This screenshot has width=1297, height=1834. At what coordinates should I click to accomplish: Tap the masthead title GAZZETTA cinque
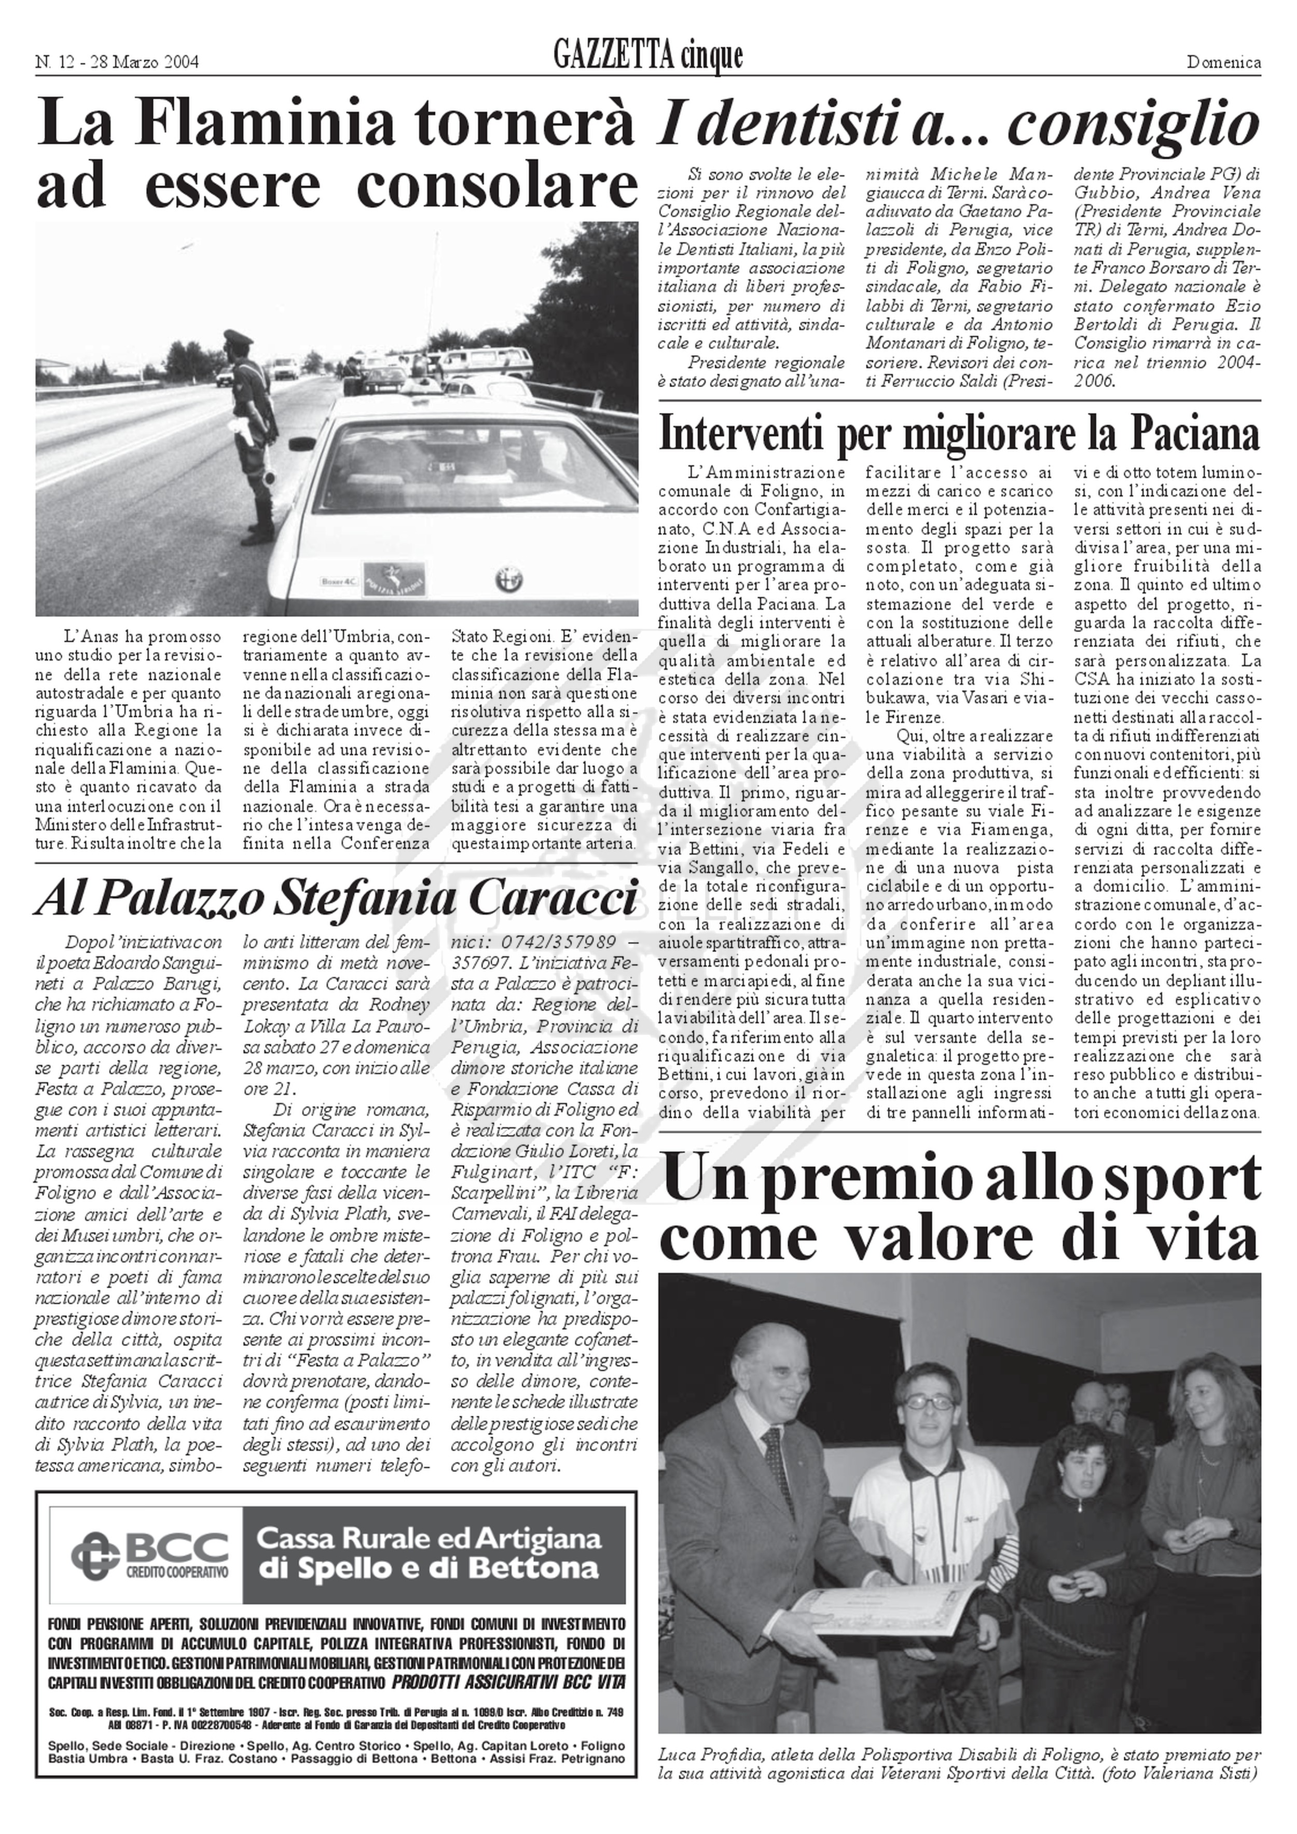click(647, 57)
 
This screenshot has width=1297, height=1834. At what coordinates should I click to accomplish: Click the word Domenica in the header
click(1223, 62)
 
